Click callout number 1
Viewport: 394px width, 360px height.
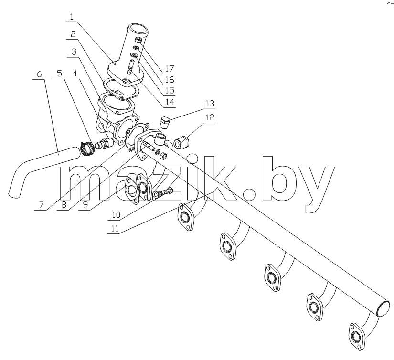[72, 17]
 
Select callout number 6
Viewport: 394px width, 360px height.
[39, 74]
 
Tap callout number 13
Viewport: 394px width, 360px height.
[210, 104]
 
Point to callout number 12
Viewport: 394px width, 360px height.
[210, 117]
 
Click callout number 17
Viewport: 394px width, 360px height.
[170, 68]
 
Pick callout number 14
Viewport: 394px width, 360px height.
[170, 102]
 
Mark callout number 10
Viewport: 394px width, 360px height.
[116, 215]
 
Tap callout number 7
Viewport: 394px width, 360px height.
[41, 205]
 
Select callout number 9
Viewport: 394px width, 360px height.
[85, 204]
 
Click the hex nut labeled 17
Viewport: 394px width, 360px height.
[138, 40]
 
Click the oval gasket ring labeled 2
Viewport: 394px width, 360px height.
[121, 89]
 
